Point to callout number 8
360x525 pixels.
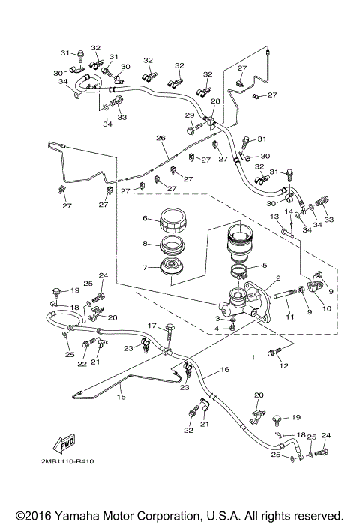point(146,244)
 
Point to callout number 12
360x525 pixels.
point(283,365)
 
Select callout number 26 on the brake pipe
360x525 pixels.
point(160,138)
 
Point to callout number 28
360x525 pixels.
point(215,100)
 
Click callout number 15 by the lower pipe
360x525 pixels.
point(121,398)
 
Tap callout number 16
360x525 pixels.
point(224,370)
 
